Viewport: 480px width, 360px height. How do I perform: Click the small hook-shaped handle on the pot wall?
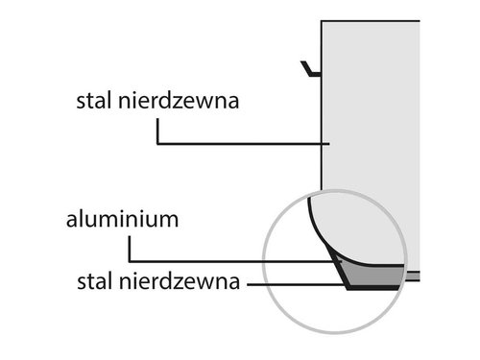[x=308, y=70]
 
